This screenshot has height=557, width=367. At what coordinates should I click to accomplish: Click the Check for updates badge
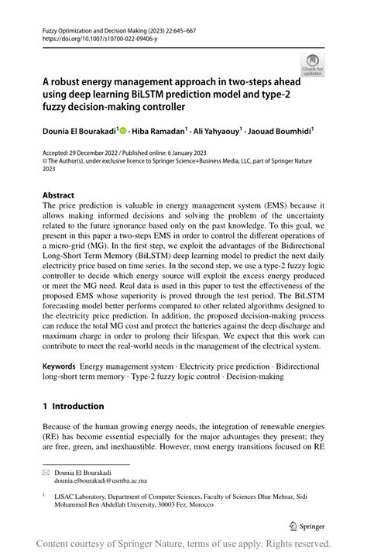tap(313, 65)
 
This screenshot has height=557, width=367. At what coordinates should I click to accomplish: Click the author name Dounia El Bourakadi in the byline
tap(77, 132)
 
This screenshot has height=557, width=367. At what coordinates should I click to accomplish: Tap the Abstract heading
tap(58, 195)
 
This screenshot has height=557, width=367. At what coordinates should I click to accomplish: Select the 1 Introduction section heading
tap(73, 406)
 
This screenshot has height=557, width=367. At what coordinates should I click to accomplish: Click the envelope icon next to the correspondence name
tap(46, 471)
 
